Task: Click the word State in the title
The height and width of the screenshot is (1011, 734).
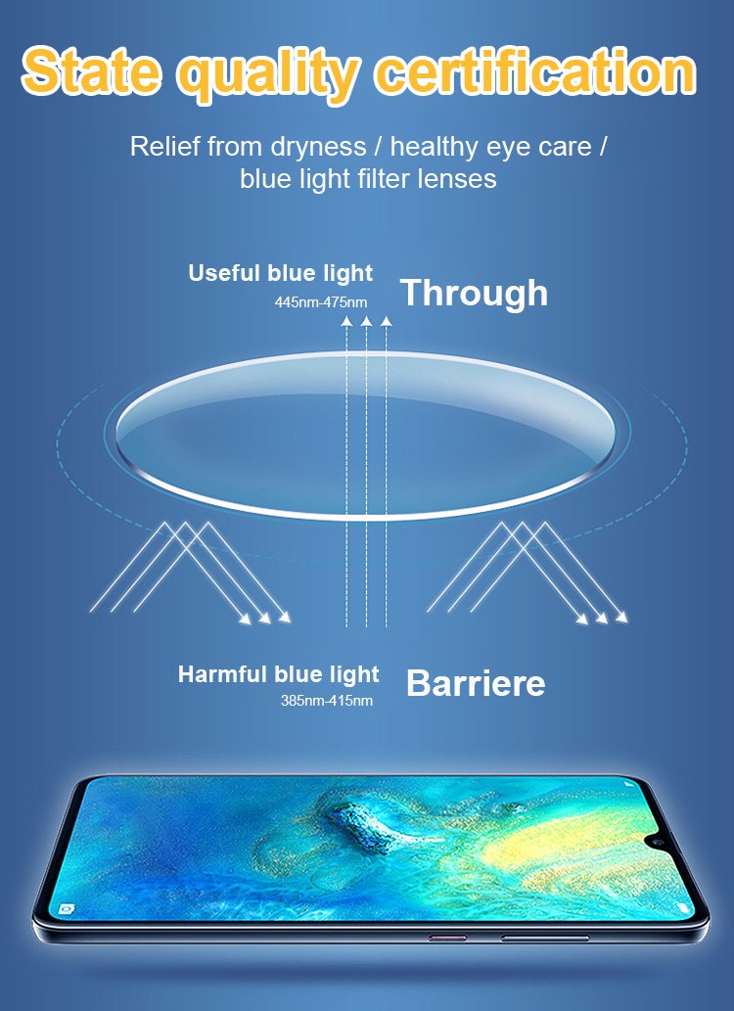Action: pos(91,69)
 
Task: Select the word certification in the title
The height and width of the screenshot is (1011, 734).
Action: pos(536,69)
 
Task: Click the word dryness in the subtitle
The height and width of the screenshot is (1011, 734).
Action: pos(318,148)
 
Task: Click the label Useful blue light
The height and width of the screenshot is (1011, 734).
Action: pos(281,273)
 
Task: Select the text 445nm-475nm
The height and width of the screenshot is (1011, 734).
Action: pos(321,301)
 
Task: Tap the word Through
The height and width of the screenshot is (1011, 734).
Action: pos(474,294)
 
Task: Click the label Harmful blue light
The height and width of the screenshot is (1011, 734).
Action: pos(279,675)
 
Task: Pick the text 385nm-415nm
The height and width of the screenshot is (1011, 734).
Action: pos(326,701)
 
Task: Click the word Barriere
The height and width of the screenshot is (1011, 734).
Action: pos(476,683)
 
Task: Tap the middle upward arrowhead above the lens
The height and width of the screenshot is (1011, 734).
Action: pos(366,320)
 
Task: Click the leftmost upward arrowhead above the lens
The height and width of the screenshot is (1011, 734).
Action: pos(346,320)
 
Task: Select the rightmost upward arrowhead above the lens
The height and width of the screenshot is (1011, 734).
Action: pos(387,320)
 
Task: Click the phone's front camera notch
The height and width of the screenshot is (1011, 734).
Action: pos(660,842)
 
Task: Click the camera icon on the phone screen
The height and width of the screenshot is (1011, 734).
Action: pos(67,909)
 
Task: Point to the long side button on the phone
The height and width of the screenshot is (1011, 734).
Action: pos(545,939)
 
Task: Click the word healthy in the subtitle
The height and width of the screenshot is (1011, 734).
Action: pos(436,148)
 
